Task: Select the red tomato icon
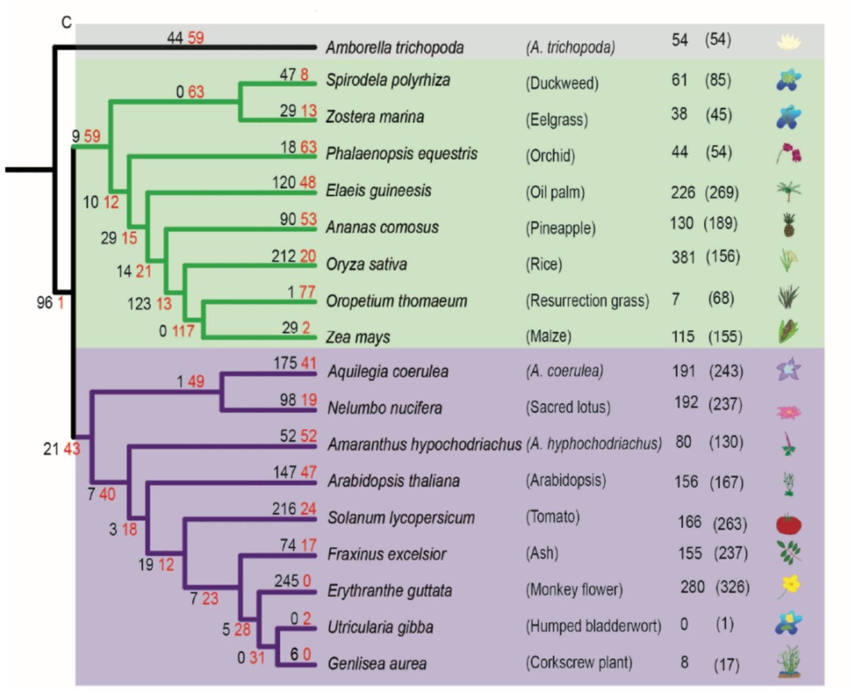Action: tap(788, 523)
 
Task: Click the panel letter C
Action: tap(66, 23)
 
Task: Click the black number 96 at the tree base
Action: tap(45, 303)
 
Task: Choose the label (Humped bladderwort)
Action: tap(593, 626)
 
